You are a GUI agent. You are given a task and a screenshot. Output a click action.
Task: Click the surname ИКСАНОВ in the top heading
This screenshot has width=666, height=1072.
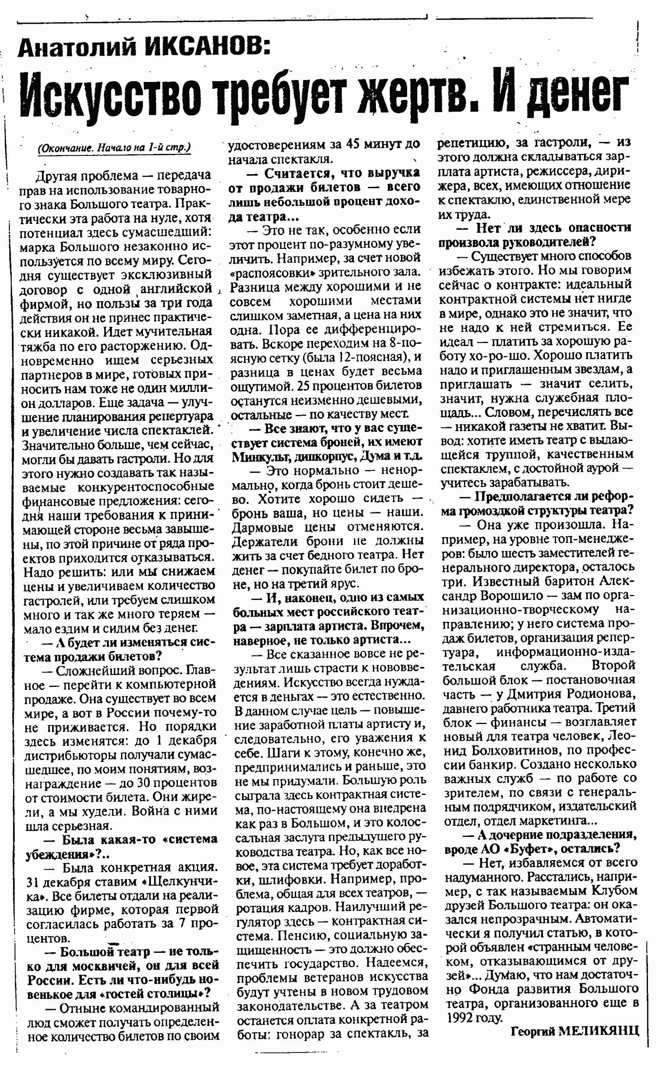coord(207,47)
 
